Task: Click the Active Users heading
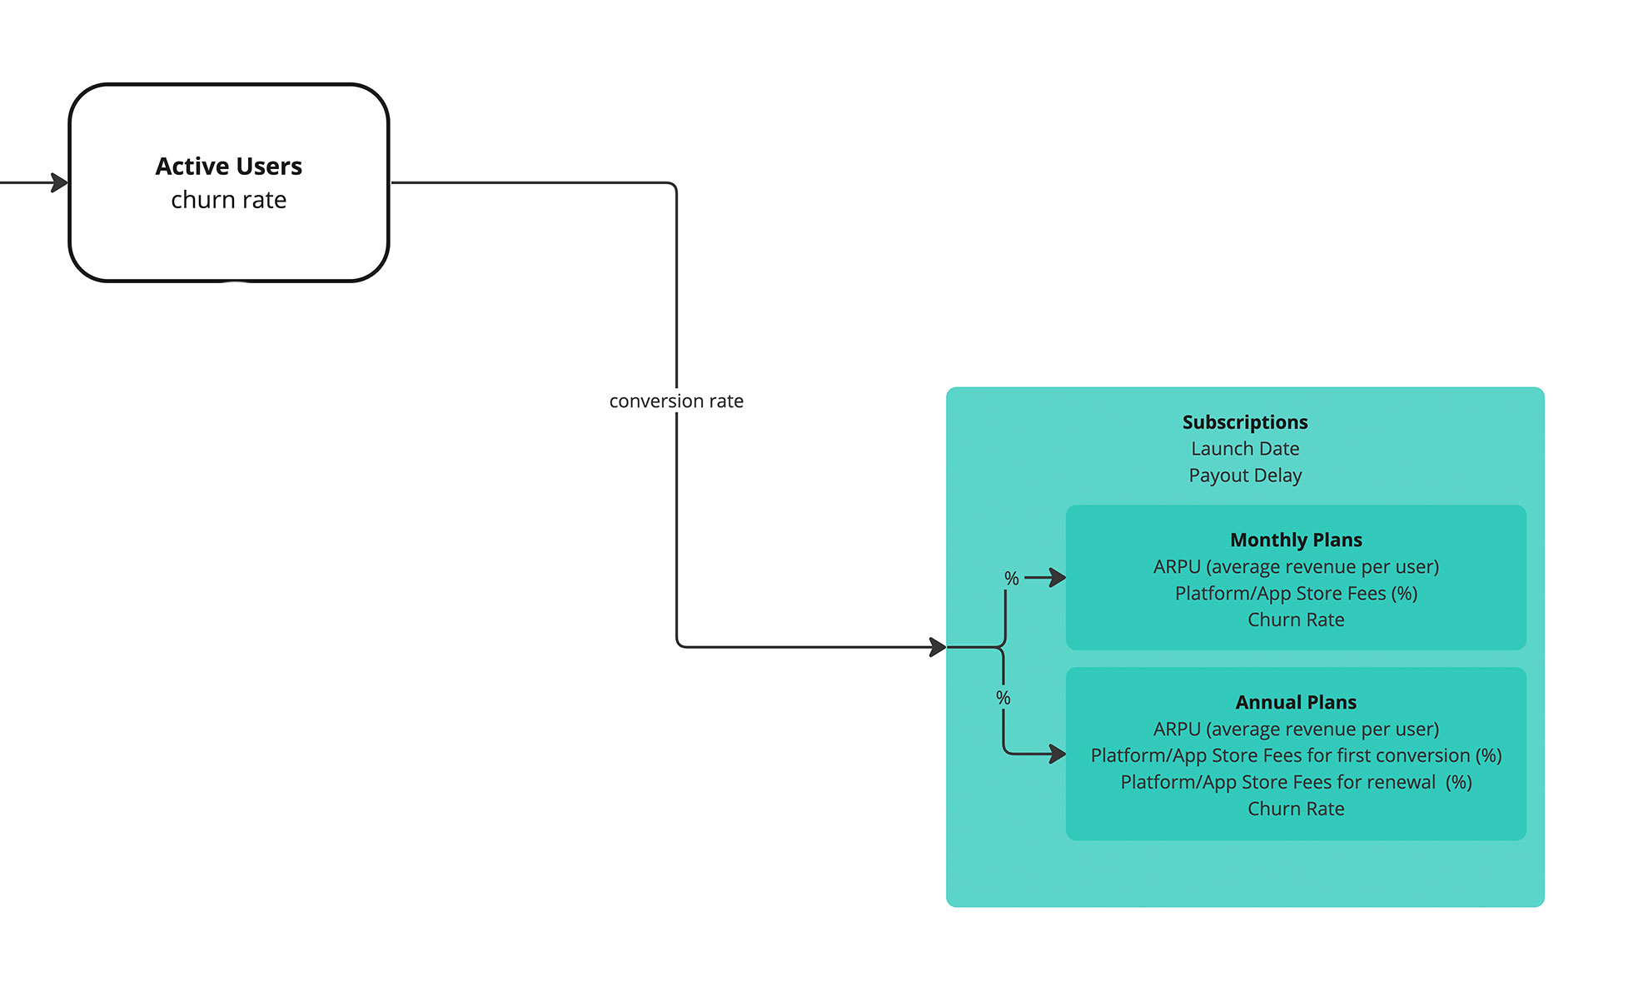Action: point(228,167)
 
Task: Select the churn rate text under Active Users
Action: point(228,201)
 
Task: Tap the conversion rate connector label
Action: point(675,401)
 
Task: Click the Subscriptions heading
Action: point(1244,422)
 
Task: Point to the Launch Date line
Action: point(1244,449)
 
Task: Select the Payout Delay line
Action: point(1244,476)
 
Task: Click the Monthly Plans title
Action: point(1295,540)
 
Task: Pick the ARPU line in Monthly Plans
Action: point(1295,567)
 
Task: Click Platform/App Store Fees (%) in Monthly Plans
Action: point(1295,594)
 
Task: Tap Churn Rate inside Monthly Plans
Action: point(1295,620)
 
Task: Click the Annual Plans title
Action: point(1295,703)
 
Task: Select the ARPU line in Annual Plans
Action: point(1295,730)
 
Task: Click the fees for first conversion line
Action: point(1295,756)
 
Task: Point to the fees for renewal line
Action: point(1295,783)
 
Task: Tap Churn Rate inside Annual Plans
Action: point(1295,809)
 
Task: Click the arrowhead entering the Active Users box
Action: point(60,182)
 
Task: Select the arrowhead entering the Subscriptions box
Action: point(938,647)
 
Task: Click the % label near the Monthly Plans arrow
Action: point(1011,578)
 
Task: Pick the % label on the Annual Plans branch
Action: point(1003,698)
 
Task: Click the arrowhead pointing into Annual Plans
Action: point(1058,754)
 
